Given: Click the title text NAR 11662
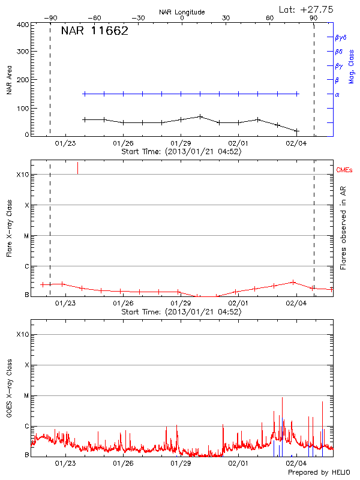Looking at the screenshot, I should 94,32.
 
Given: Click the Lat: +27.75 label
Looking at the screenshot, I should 307,9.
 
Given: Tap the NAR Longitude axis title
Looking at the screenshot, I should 182,11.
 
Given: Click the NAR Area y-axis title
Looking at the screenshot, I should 10,80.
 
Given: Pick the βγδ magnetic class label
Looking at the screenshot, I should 341,37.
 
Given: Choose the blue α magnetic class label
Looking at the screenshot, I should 337,94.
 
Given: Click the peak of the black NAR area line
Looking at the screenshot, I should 200,116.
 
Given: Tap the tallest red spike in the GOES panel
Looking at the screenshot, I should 281,398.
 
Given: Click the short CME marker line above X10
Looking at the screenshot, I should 77,168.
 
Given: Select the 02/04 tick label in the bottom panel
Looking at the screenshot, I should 296,464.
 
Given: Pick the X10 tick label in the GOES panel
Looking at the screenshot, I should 22,334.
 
